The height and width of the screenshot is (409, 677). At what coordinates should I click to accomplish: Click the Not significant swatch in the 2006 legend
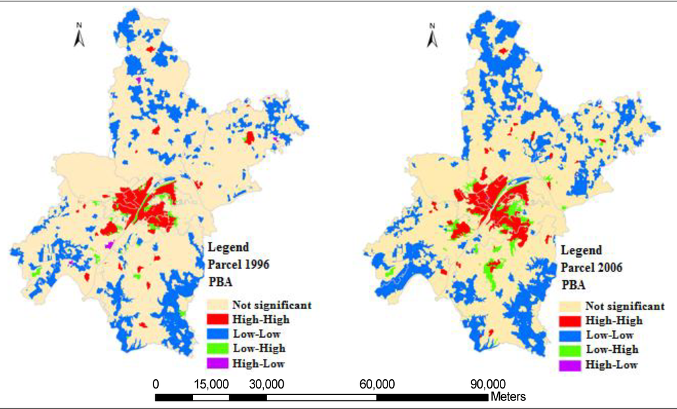coord(570,307)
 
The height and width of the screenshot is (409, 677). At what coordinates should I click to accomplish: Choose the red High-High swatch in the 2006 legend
coord(570,321)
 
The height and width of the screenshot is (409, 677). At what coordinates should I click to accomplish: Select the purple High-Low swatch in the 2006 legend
coord(570,365)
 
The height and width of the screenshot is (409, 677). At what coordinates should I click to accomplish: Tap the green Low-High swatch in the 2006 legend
coord(570,350)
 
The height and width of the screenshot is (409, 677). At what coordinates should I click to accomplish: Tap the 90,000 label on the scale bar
coord(487,384)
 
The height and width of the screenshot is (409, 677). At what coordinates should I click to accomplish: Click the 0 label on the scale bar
coord(156,384)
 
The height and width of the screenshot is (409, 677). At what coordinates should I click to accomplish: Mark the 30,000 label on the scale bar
coord(266,384)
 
